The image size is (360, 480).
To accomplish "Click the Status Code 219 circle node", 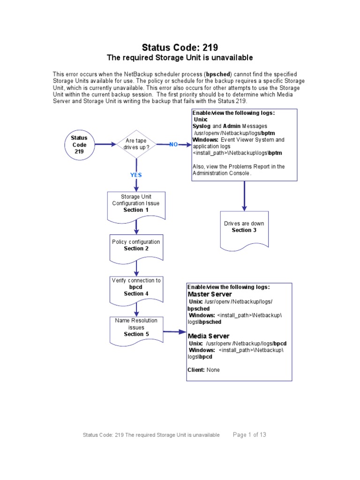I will point(79,145).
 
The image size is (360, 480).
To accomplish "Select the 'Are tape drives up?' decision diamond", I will point(136,144).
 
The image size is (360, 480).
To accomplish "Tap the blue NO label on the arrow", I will point(173,144).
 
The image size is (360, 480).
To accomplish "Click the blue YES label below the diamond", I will point(136,175).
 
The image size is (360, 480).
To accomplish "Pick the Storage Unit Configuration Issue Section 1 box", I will point(136,204).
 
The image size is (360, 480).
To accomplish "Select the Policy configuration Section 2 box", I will point(136,246).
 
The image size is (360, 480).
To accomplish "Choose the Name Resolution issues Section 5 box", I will point(136,328).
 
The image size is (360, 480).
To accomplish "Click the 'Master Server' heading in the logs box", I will point(210,294).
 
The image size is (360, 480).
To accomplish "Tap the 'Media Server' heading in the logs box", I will point(209,336).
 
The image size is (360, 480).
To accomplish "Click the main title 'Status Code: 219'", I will point(180,47).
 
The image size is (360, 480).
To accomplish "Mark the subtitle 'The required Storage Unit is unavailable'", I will point(180,58).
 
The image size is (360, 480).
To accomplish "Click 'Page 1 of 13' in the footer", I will point(249,435).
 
